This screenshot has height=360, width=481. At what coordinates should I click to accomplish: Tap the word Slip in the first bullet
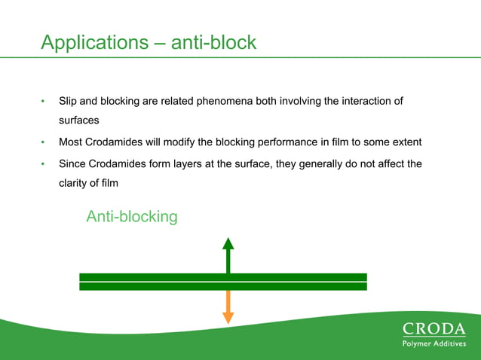pyautogui.click(x=69, y=101)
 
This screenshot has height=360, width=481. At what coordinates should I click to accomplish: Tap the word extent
pyautogui.click(x=404, y=142)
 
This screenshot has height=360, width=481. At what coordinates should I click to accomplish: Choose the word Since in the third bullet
pyautogui.click(x=73, y=163)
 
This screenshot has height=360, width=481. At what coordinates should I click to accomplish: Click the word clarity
pyautogui.click(x=75, y=182)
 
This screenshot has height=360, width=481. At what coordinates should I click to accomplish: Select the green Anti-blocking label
pyautogui.click(x=132, y=217)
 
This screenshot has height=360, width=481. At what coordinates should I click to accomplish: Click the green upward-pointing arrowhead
pyautogui.click(x=228, y=243)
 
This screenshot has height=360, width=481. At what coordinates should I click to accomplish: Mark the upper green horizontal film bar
pyautogui.click(x=222, y=277)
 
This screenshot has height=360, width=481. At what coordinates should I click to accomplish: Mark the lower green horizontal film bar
pyautogui.click(x=222, y=286)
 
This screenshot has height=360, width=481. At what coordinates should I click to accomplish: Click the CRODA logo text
pyautogui.click(x=434, y=328)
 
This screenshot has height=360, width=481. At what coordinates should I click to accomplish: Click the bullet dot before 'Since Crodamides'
pyautogui.click(x=44, y=163)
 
